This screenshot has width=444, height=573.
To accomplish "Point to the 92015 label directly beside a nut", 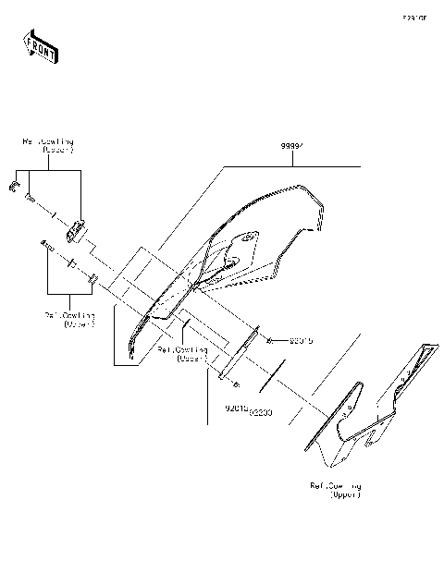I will [301, 341].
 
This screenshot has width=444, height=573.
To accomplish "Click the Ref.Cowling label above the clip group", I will [48, 145].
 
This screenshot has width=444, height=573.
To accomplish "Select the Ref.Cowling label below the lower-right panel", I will [336, 489].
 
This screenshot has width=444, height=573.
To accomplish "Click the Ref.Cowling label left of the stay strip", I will [181, 354].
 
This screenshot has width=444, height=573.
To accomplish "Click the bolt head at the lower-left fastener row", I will [44, 244].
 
